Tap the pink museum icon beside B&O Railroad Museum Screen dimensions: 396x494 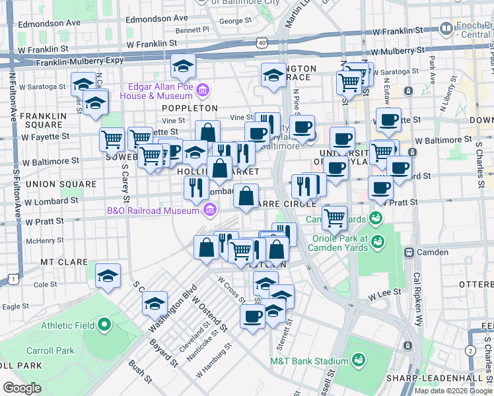(x=210, y=211)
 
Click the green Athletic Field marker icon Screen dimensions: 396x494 (x=104, y=325)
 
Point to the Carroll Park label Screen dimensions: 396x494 (x=50, y=350)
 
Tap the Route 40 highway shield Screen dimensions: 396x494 (x=263, y=42)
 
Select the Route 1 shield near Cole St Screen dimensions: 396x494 (x=13, y=280)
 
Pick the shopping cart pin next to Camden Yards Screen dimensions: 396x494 (x=335, y=216)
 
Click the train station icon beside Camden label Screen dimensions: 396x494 (x=409, y=252)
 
